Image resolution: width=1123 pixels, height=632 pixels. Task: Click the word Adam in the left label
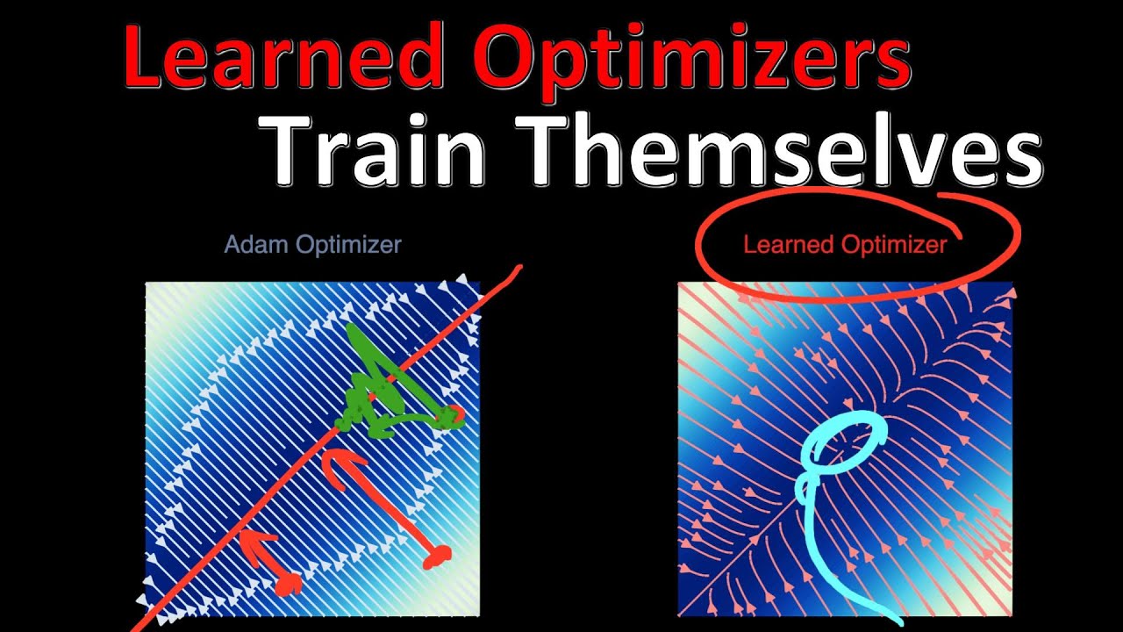[255, 244]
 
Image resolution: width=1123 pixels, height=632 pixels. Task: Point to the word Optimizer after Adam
[348, 245]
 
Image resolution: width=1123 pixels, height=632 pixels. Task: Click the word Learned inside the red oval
[783, 245]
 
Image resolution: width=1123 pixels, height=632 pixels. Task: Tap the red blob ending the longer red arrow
[436, 556]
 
